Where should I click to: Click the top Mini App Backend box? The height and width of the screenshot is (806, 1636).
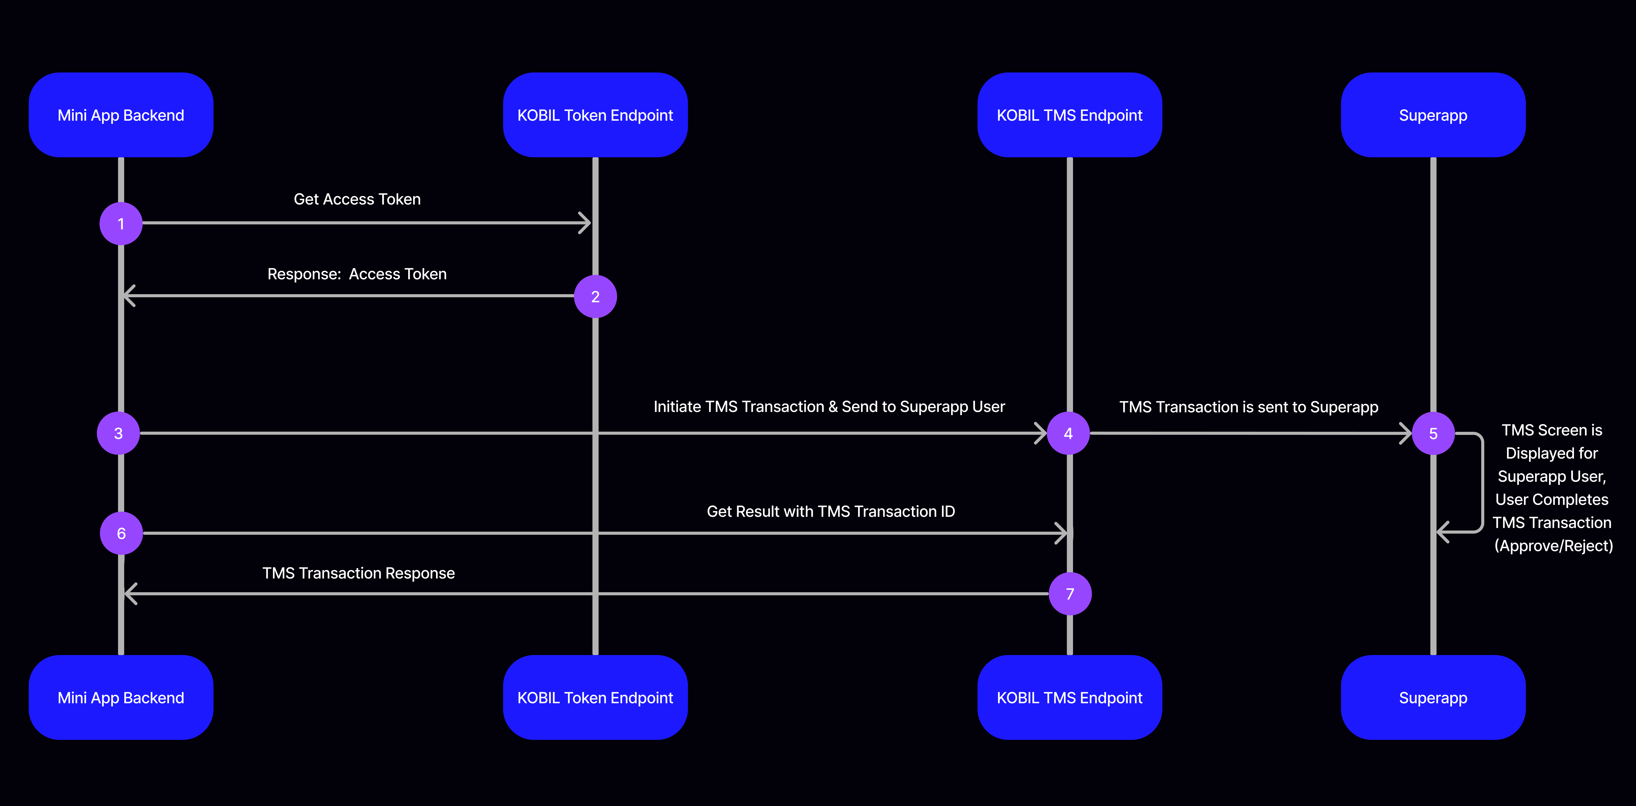[x=121, y=115]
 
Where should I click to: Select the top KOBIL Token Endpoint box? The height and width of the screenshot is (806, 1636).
[x=595, y=115]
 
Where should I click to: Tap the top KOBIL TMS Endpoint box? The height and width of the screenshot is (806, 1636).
[x=1070, y=115]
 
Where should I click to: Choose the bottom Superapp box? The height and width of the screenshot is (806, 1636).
[x=1433, y=697]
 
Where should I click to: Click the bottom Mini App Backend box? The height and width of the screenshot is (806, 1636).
[x=121, y=697]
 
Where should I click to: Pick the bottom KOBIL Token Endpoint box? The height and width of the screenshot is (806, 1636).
[x=595, y=697]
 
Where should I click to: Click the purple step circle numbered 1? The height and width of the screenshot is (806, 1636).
[x=121, y=224]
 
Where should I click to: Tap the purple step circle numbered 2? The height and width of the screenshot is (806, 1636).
[x=595, y=296]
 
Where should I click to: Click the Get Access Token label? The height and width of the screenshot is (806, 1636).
[x=357, y=199]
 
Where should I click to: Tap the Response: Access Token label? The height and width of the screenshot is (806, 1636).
[x=357, y=274]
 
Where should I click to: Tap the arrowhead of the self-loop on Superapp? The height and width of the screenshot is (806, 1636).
[x=1442, y=532]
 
